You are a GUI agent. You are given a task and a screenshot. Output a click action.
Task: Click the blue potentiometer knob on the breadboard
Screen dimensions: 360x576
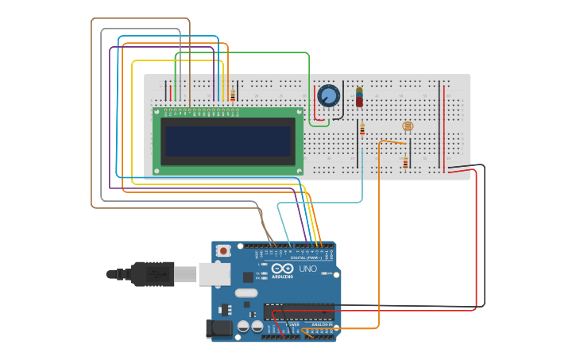pos(328,96)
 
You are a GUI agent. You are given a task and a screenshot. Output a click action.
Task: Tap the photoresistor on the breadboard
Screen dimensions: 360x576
pos(408,126)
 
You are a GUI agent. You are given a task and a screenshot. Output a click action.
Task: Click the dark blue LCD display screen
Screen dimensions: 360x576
pos(227,141)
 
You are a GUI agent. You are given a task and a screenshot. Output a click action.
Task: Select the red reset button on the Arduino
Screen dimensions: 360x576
pos(223,250)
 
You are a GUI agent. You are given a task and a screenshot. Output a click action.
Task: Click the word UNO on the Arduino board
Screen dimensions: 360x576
pos(307,269)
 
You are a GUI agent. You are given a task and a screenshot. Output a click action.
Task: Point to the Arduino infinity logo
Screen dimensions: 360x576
pos(283,269)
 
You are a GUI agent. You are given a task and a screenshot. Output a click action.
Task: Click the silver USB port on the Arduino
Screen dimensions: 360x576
pos(210,274)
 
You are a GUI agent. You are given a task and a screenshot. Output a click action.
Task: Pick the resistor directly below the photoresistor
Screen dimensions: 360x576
pos(405,163)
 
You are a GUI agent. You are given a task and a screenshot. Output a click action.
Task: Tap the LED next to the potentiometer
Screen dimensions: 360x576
pos(359,97)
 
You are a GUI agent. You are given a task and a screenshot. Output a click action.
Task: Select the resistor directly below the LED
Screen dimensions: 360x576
pos(362,129)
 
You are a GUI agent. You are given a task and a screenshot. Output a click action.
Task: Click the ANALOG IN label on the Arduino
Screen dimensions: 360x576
pos(323,325)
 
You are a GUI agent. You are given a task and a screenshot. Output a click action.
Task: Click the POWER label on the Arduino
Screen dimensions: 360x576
pos(292,325)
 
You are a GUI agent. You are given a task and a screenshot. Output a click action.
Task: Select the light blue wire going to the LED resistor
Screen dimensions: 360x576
pos(362,179)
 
